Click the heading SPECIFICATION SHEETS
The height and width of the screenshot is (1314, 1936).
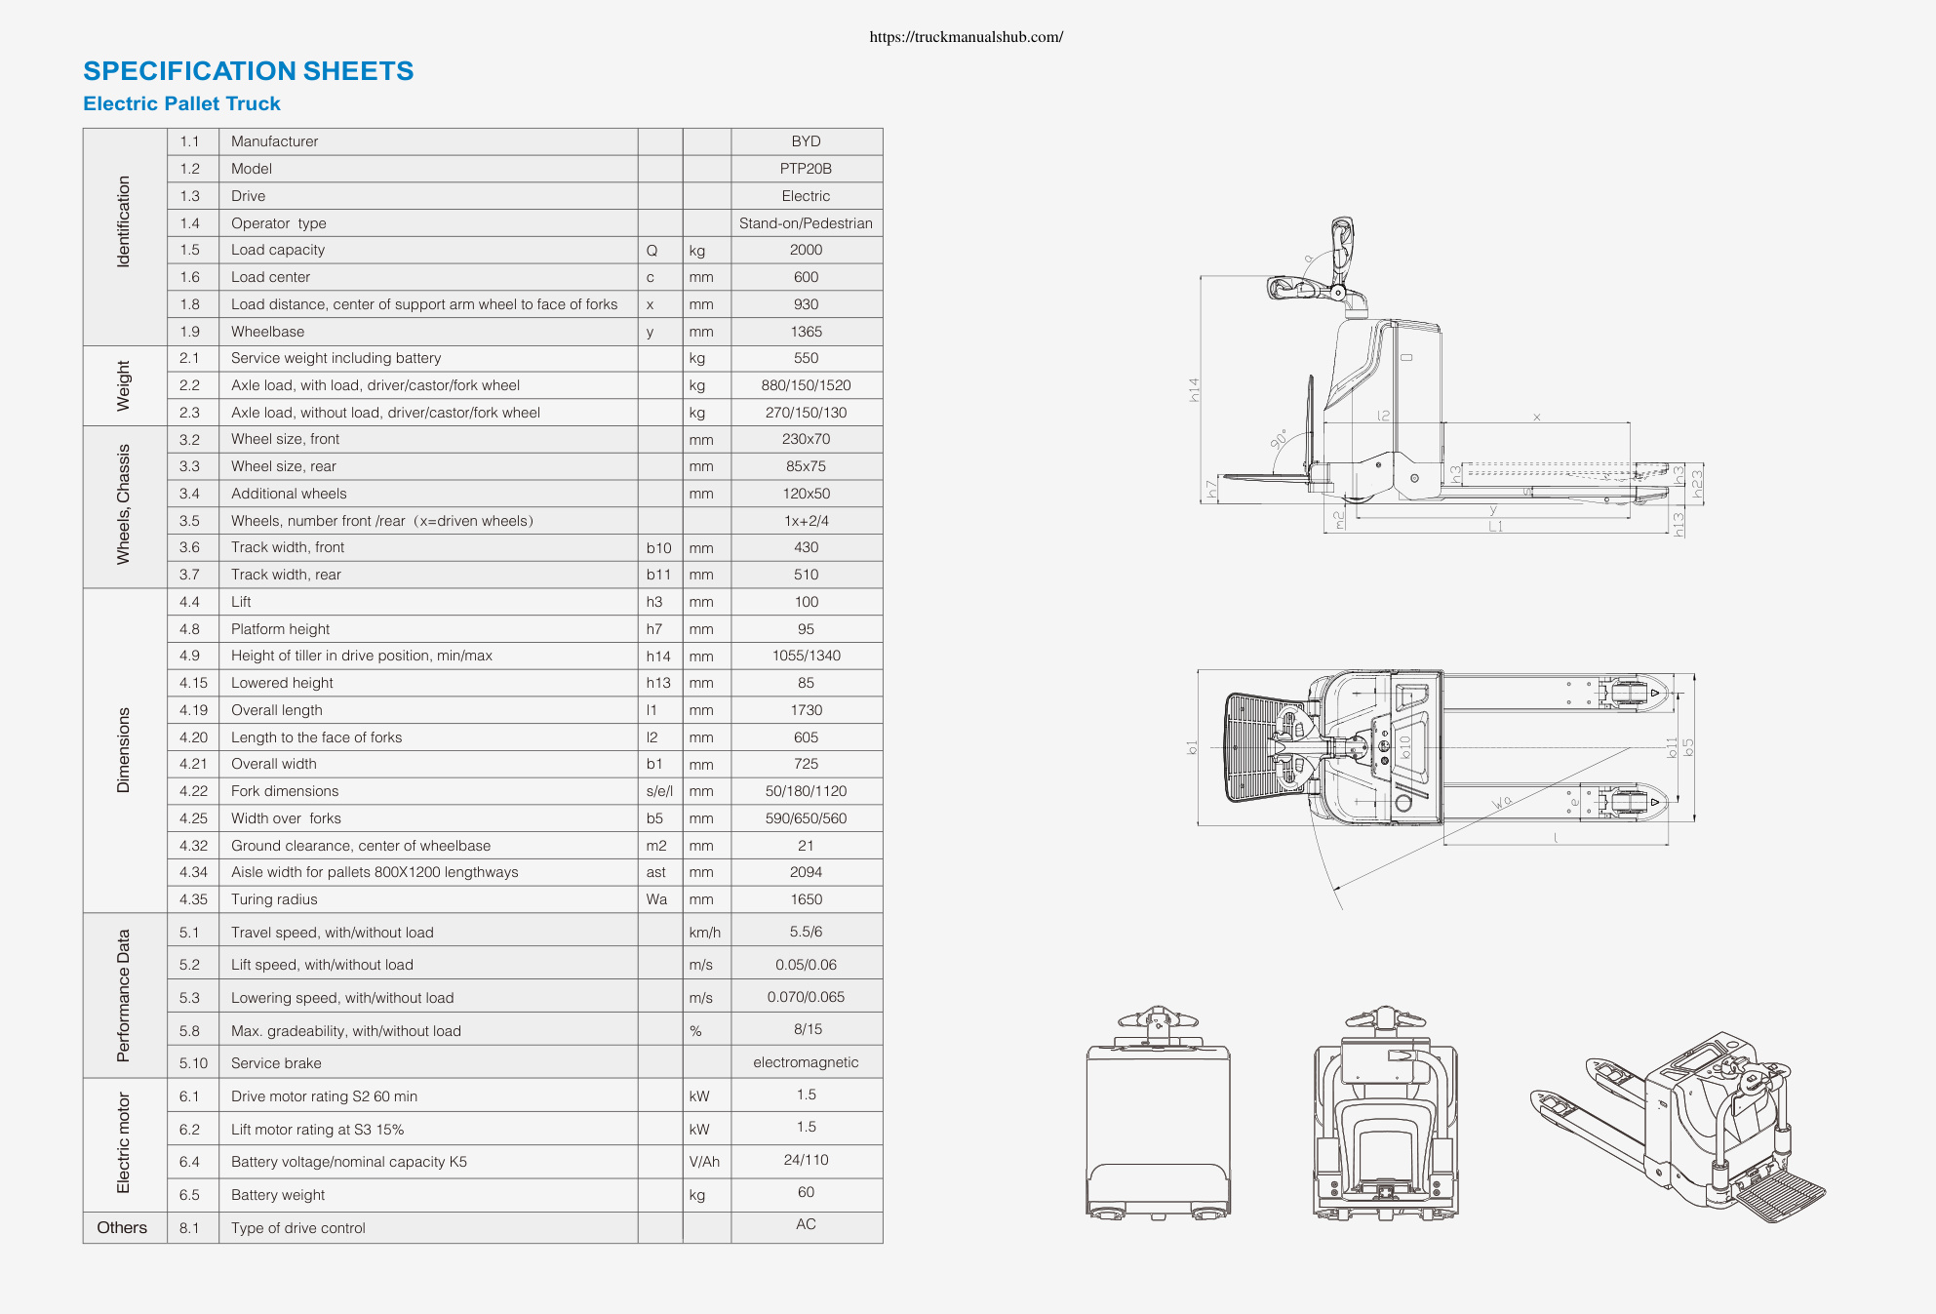pyautogui.click(x=249, y=71)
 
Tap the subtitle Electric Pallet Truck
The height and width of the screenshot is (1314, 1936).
pyautogui.click(x=181, y=103)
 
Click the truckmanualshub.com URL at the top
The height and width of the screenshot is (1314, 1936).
pyautogui.click(x=966, y=37)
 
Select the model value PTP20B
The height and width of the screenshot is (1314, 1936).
pyautogui.click(x=806, y=169)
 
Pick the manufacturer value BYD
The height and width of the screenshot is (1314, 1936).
pyautogui.click(x=806, y=141)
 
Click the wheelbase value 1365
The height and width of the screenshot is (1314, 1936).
pyautogui.click(x=806, y=332)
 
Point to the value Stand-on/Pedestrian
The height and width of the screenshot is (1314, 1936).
pyautogui.click(x=806, y=223)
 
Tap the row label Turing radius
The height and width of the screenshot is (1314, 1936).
pyautogui.click(x=274, y=899)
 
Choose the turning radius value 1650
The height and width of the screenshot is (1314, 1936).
pyautogui.click(x=806, y=899)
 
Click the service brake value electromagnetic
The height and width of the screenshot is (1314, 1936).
pyautogui.click(x=806, y=1062)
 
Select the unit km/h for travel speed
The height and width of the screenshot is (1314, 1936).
pyautogui.click(x=704, y=933)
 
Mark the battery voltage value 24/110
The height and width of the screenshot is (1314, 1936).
pyautogui.click(x=806, y=1160)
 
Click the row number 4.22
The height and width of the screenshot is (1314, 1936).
pyautogui.click(x=193, y=791)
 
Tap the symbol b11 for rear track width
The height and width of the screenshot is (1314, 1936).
pyautogui.click(x=658, y=575)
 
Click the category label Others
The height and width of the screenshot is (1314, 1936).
pyautogui.click(x=122, y=1227)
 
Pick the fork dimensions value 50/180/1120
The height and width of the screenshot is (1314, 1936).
pyautogui.click(x=806, y=791)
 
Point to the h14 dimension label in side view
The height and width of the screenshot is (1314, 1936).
pyautogui.click(x=1194, y=390)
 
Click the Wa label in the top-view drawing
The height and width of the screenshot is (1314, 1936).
pyautogui.click(x=1502, y=802)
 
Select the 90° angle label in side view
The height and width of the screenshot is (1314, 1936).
pyautogui.click(x=1279, y=439)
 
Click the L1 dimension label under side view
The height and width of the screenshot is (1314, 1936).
pyautogui.click(x=1495, y=527)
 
